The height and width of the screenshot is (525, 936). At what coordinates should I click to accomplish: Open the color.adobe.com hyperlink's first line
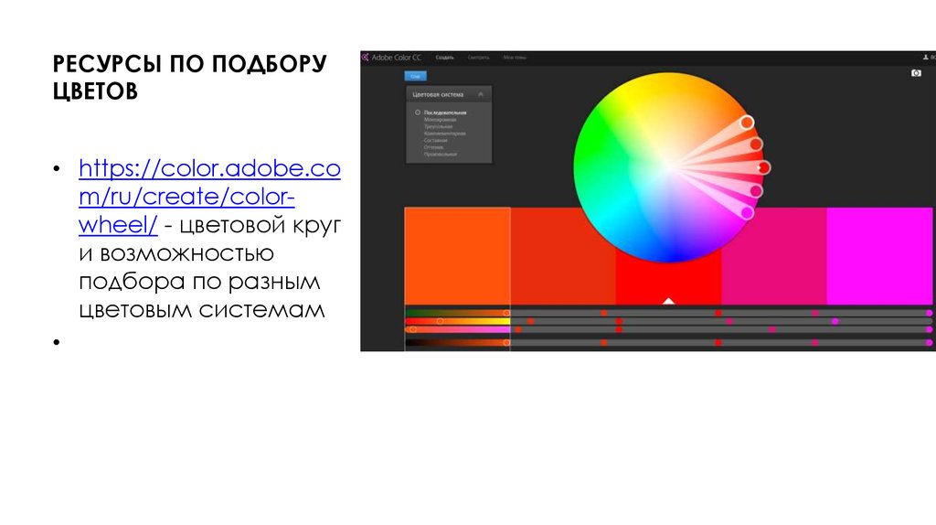point(209,170)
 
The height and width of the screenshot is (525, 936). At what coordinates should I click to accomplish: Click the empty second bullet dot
point(57,342)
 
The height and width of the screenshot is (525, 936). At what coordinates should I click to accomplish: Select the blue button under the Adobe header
point(415,76)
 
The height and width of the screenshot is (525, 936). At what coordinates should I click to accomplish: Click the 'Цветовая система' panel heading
point(438,94)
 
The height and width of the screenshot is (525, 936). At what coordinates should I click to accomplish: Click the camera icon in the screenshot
point(916,73)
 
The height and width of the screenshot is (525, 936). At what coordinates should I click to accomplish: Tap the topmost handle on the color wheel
point(747,123)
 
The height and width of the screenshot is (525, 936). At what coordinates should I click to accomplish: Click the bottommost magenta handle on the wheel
point(747,212)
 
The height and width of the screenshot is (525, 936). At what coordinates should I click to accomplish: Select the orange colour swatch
point(457,255)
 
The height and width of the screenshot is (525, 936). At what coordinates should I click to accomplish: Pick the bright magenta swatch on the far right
point(878,255)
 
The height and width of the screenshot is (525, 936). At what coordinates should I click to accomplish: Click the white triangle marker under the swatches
point(668,300)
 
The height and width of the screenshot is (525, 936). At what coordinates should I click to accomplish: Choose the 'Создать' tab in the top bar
point(445,58)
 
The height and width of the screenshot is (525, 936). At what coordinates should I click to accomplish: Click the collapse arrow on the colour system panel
point(481,94)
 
